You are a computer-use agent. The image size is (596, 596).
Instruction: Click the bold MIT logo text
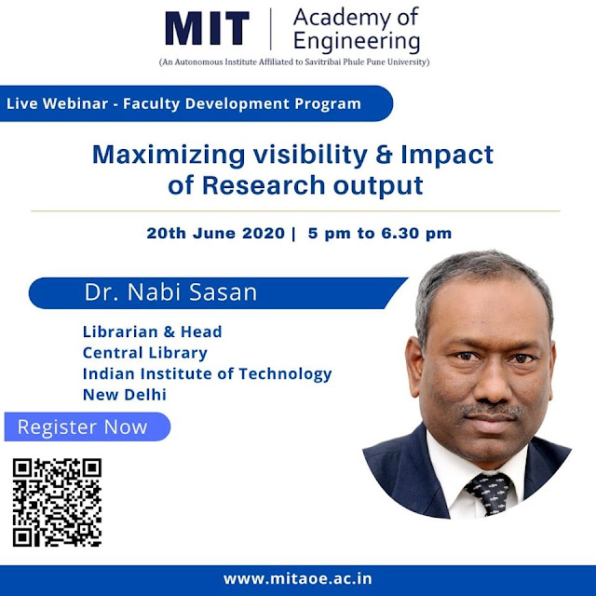click(207, 29)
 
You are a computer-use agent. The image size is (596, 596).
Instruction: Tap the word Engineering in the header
click(357, 42)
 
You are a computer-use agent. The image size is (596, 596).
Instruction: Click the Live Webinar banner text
click(183, 103)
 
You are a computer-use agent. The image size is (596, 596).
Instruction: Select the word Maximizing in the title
click(169, 156)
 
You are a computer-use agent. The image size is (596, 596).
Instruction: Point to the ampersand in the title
click(384, 155)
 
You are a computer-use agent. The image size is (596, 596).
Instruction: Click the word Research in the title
click(264, 185)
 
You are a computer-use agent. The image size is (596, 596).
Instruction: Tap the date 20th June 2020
click(215, 233)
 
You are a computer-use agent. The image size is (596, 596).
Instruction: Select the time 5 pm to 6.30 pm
click(380, 233)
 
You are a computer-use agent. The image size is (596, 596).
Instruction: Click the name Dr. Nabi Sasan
click(170, 292)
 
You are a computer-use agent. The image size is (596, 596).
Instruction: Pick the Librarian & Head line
click(153, 332)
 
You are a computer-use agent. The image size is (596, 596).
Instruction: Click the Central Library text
click(145, 353)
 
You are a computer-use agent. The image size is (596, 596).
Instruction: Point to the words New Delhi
click(125, 395)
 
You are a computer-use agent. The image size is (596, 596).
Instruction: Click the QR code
click(57, 503)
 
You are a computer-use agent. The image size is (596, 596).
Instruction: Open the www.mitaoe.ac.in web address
click(298, 578)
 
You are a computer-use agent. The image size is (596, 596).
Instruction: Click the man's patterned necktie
click(489, 494)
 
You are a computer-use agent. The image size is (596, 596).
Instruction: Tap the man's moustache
click(492, 411)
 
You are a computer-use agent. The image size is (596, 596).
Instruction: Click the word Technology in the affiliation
click(286, 374)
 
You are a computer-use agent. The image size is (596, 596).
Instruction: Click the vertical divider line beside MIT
click(271, 29)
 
